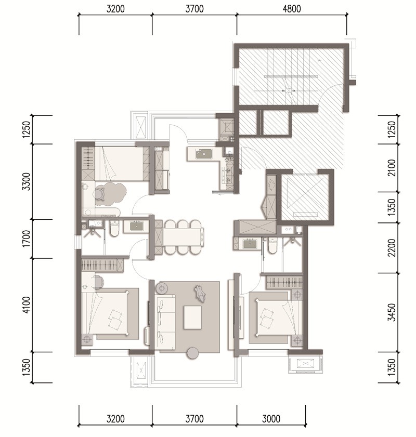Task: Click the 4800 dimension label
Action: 292,9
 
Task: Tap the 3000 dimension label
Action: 271,419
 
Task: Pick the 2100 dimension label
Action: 392,167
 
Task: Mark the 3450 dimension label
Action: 392,312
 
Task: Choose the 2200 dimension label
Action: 392,248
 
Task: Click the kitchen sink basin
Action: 204,154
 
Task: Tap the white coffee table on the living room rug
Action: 193,317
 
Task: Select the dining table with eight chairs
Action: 183,237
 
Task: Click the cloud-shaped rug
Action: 111,194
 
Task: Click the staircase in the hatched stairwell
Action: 291,75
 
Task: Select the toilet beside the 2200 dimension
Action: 272,245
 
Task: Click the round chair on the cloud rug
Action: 99,193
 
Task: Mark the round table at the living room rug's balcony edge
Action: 192,353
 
